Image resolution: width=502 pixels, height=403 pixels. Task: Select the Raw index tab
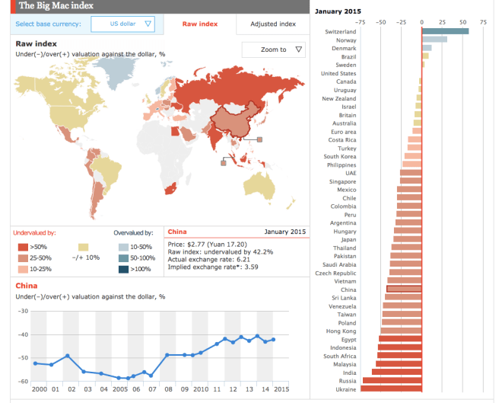(200, 24)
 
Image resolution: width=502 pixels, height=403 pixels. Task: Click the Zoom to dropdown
(273, 50)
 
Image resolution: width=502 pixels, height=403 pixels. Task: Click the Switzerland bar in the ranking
(445, 31)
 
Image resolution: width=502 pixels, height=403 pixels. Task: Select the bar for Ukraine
(391, 389)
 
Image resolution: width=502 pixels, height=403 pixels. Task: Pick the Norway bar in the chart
(434, 40)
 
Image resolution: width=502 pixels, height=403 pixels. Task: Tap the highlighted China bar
(404, 289)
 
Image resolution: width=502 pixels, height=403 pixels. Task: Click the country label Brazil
(349, 57)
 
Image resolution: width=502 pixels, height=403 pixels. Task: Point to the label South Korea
(342, 156)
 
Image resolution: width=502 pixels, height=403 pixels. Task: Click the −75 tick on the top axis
(360, 22)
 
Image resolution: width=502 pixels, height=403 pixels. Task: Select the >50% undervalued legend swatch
(23, 247)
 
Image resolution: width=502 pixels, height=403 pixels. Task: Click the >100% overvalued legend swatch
(124, 269)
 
